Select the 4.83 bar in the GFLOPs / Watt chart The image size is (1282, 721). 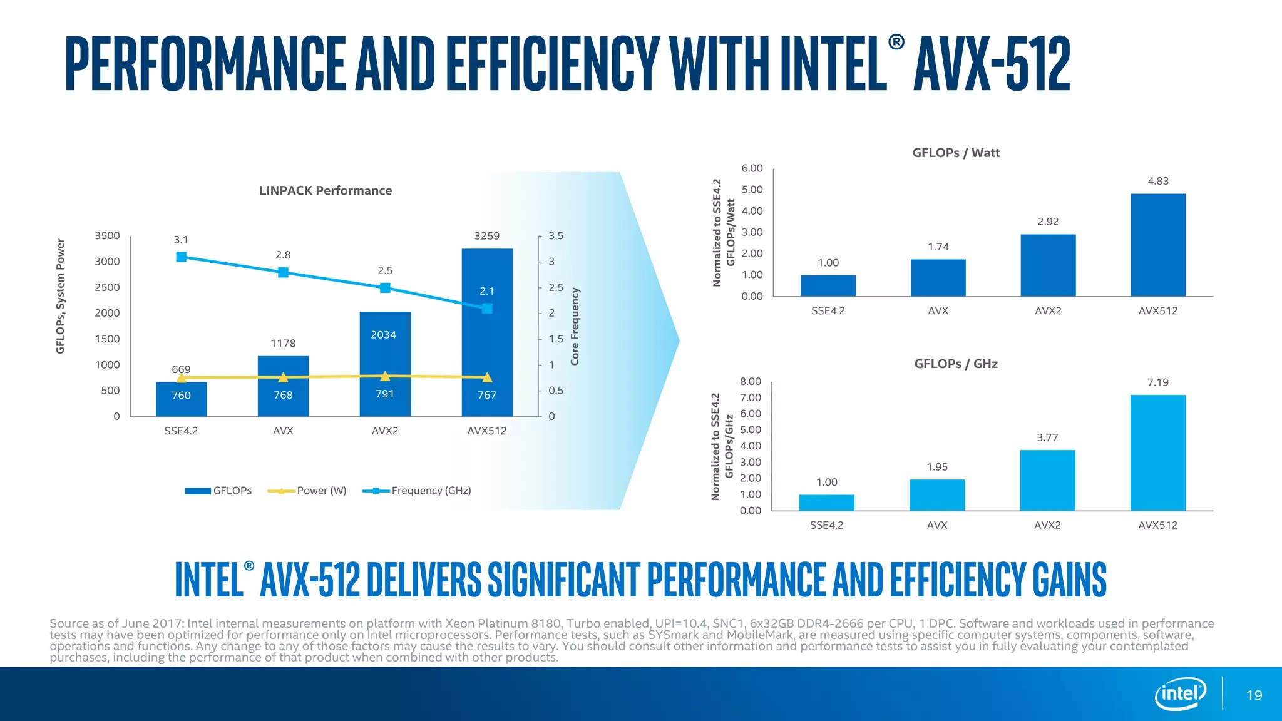pos(1157,245)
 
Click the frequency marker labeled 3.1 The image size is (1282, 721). pos(182,257)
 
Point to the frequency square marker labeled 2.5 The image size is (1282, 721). pos(385,288)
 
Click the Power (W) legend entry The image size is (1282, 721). pos(307,491)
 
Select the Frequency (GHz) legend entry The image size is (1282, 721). pos(418,491)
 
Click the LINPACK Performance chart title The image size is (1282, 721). pos(326,190)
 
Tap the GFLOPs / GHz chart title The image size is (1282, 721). pos(956,364)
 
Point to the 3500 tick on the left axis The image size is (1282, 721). pos(107,236)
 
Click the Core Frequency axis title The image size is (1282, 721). pos(575,326)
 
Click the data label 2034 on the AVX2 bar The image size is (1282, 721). pos(383,335)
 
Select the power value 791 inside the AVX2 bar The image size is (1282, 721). pos(385,394)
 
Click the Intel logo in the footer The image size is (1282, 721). pos(1180,693)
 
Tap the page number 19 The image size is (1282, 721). pos(1254,695)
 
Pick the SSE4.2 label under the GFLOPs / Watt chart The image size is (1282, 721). pos(828,311)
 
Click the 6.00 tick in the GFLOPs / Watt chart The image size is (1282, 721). pos(752,168)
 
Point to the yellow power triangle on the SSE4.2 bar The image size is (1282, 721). pos(182,377)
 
